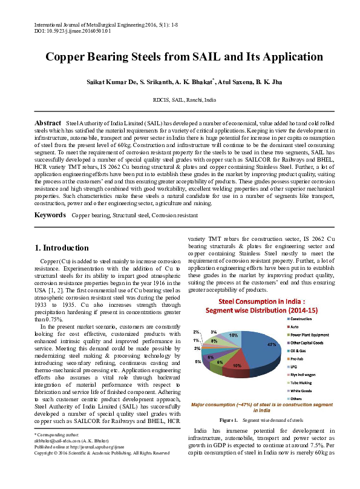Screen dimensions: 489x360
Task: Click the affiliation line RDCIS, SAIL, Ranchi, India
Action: tap(184, 99)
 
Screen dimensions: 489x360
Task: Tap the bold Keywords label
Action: tap(50, 215)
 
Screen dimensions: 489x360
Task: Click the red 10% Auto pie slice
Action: tap(238, 364)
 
